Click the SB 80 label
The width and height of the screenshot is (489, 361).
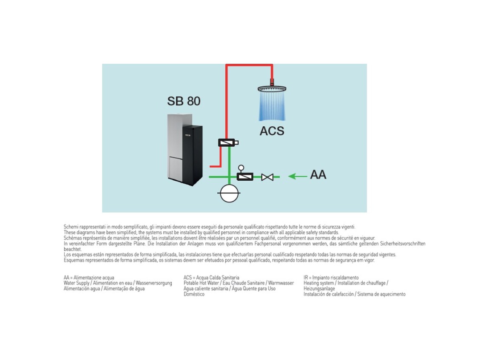[x=184, y=101]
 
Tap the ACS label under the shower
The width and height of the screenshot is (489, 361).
[x=272, y=131]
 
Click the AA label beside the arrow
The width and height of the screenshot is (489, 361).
[x=318, y=175]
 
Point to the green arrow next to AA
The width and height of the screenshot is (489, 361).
[x=298, y=176]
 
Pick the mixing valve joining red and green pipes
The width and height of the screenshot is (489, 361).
[x=228, y=143]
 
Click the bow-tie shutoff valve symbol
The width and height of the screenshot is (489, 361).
[x=267, y=177]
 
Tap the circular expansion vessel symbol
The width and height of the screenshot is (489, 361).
[x=229, y=193]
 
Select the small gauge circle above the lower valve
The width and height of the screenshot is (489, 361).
[x=241, y=168]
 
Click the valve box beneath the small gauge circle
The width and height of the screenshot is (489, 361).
[x=245, y=177]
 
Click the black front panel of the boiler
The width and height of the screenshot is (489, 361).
[x=193, y=154]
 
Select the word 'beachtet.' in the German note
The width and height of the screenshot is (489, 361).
[x=73, y=250]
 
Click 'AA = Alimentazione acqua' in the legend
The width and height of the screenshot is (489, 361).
[x=89, y=278]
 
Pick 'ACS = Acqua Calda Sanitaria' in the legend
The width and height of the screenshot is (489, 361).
[x=211, y=278]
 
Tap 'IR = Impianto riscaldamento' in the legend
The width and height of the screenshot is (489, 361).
[x=331, y=278]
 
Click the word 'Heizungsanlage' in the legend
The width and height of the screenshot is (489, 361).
[x=319, y=289]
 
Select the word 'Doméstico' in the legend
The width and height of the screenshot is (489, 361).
[x=194, y=294]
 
